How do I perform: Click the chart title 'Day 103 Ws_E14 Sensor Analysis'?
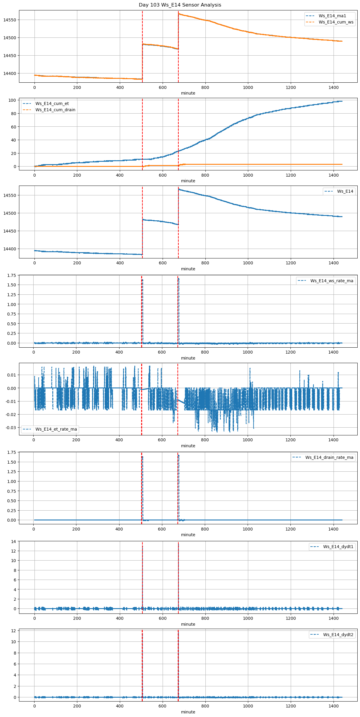180,5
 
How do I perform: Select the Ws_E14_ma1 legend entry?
332,16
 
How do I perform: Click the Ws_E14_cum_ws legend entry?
336,22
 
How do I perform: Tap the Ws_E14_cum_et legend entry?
52,103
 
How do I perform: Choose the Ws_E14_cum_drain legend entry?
55,110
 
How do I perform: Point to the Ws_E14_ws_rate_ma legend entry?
332,281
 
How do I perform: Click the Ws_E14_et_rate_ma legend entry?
56,429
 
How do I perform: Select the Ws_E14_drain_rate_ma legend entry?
329,457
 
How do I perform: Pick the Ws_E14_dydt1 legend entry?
338,547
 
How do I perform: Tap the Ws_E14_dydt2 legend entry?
338,635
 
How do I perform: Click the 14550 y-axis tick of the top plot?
10,20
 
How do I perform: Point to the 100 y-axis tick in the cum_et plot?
12,100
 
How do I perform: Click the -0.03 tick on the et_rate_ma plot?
11,428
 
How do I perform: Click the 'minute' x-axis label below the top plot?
188,93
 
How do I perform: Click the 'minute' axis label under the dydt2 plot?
188,712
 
